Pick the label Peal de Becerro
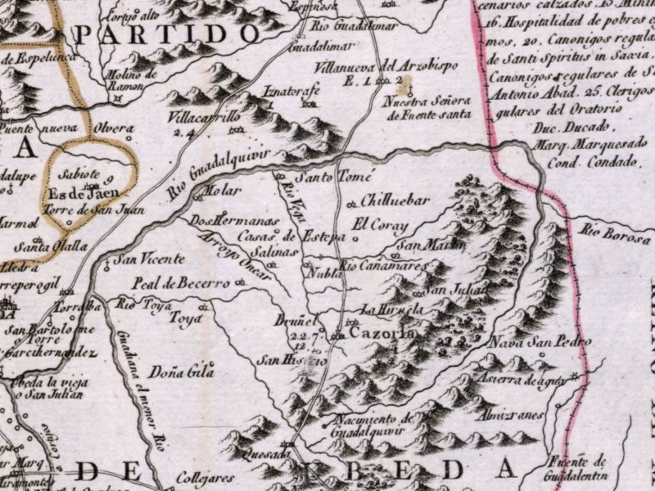click(181, 283)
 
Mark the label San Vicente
click(149, 259)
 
